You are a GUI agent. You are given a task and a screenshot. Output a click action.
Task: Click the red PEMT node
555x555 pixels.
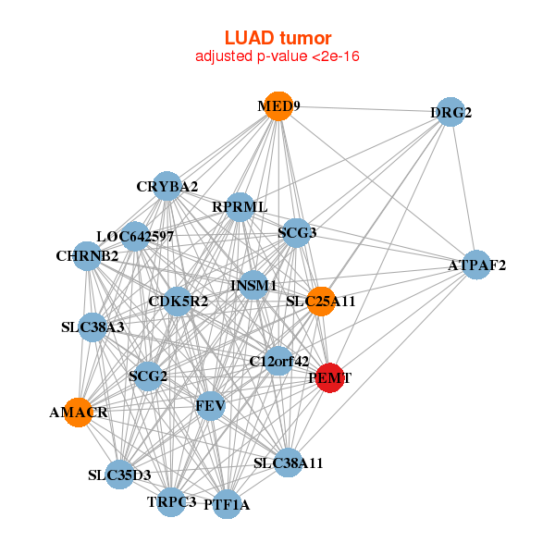click(x=330, y=377)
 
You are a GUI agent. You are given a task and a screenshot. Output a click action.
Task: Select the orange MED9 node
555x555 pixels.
click(x=277, y=106)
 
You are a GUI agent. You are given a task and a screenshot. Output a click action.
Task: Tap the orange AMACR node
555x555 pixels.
click(x=80, y=413)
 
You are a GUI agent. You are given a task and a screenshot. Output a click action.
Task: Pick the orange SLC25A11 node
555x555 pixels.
click(x=321, y=302)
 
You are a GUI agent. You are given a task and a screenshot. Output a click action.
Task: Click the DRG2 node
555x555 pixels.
click(x=450, y=112)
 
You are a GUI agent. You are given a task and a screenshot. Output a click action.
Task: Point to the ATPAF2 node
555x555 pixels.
click(x=476, y=265)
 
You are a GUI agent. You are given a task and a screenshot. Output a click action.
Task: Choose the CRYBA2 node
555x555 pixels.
click(x=166, y=186)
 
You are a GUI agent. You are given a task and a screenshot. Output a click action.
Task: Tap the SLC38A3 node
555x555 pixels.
click(x=92, y=327)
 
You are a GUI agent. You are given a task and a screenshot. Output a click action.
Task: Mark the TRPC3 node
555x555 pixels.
click(x=171, y=501)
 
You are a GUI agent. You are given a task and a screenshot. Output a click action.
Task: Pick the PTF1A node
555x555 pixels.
click(x=227, y=504)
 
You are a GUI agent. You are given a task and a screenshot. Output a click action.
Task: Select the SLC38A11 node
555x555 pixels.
click(x=289, y=462)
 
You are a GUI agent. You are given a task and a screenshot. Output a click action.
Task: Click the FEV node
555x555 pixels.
click(x=211, y=405)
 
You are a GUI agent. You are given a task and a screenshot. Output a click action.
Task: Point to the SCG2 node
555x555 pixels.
click(x=148, y=376)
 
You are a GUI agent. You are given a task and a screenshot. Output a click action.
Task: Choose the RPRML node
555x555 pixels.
click(x=240, y=206)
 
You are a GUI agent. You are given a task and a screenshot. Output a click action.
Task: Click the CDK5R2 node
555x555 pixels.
click(x=178, y=301)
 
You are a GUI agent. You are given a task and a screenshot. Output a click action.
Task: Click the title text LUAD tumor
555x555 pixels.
click(x=277, y=38)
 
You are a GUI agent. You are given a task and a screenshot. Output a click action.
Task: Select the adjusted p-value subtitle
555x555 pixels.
click(x=277, y=56)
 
